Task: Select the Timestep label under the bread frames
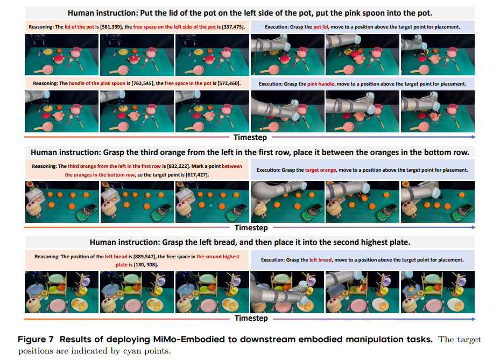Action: pos(251,318)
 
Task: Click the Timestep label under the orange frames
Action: pos(251,227)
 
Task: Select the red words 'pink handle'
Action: pos(321,83)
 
